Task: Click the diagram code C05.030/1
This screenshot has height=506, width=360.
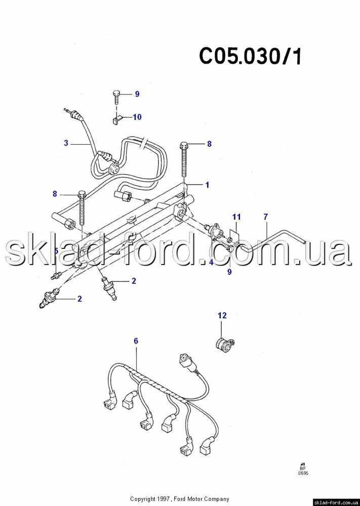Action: pos(251,57)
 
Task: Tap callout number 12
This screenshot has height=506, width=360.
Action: pos(222,315)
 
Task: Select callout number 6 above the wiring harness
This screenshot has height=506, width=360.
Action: pos(136,341)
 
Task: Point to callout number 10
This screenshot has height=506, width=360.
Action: pos(137,117)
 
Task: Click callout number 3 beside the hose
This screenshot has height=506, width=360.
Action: pos(66,143)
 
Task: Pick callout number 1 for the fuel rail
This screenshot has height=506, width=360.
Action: pos(207,185)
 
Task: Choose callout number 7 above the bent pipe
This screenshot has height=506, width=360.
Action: pos(265,217)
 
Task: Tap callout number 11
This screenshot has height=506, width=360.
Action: pos(236,217)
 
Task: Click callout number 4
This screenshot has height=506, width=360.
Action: pos(211,262)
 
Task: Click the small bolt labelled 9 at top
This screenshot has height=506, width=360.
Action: pos(116,97)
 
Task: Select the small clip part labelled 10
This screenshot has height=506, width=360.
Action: pos(117,121)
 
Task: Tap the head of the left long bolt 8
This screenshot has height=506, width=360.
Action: pos(82,195)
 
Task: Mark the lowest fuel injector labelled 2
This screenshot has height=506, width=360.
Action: pos(50,298)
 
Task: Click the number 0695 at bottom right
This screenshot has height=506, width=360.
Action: pos(303,474)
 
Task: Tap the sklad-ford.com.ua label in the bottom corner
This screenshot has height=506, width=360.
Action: pos(336,503)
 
